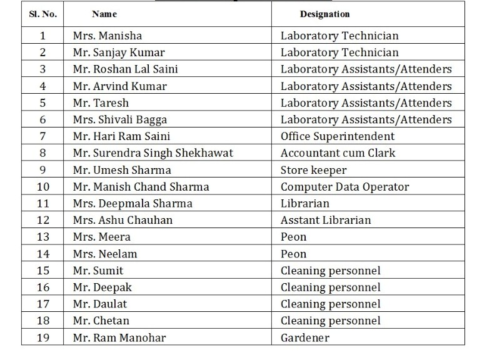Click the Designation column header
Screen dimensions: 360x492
[324, 14]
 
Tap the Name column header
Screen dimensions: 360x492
[104, 14]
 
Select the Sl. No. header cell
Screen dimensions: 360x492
[43, 14]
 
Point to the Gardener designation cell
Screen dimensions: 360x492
[304, 338]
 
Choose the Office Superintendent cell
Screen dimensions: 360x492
[337, 136]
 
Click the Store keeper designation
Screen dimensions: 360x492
[313, 170]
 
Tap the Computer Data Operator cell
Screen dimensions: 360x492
[344, 187]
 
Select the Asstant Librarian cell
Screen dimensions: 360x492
[325, 220]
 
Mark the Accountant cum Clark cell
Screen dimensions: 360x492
[338, 153]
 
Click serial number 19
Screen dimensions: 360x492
[43, 338]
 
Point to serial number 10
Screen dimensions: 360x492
[43, 187]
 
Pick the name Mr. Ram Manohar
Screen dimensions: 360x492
[119, 338]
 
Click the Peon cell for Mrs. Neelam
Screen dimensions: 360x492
[293, 254]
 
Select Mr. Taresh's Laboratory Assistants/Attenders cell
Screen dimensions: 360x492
[366, 102]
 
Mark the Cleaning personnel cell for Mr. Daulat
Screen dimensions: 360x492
[330, 304]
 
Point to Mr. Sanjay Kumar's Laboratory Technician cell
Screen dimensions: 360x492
[339, 52]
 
